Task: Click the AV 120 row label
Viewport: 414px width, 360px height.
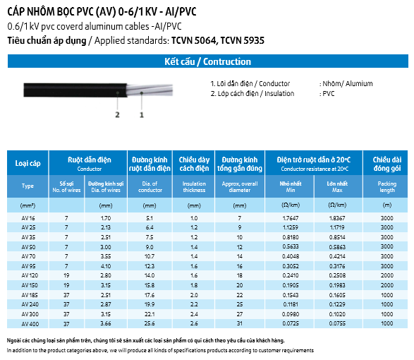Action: pos(30,275)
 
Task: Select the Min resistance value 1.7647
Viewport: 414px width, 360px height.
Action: pos(291,218)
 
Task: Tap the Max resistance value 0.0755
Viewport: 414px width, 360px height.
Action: pos(337,323)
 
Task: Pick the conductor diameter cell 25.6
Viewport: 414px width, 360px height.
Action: pos(150,323)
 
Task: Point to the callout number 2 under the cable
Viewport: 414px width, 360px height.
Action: pos(117,115)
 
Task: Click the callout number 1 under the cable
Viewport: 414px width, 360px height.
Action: pos(142,115)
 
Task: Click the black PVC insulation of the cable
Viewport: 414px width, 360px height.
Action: pos(75,90)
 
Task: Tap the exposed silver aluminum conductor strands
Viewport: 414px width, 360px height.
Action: pos(150,90)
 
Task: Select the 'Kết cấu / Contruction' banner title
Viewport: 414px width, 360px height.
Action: pos(208,61)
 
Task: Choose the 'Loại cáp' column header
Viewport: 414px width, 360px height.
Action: pos(28,163)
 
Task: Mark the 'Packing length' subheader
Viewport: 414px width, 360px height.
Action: pos(386,186)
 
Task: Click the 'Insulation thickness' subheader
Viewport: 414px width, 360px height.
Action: pos(194,186)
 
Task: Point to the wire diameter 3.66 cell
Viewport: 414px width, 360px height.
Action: pos(106,323)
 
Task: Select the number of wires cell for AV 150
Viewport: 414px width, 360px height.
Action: pos(66,285)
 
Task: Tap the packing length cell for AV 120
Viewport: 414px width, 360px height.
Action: pos(386,275)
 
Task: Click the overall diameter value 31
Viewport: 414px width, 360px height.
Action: pos(240,323)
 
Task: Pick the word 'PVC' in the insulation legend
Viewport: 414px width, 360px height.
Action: pos(329,94)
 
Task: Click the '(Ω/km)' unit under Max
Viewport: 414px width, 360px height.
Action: pos(337,205)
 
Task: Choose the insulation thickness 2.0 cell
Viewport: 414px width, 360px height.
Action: pos(194,295)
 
